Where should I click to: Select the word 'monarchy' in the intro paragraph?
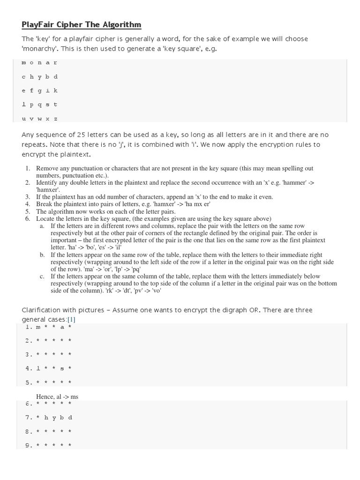[40, 49]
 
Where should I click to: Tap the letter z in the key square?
[56, 119]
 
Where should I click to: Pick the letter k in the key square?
[56, 90]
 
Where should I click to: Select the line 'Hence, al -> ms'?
[57, 397]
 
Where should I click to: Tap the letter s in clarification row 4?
[62, 368]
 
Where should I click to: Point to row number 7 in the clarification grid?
[29, 417]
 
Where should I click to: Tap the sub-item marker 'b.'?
[42, 255]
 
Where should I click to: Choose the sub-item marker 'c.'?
[42, 277]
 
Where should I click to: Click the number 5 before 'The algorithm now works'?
[28, 211]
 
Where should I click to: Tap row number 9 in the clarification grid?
[29, 445]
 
